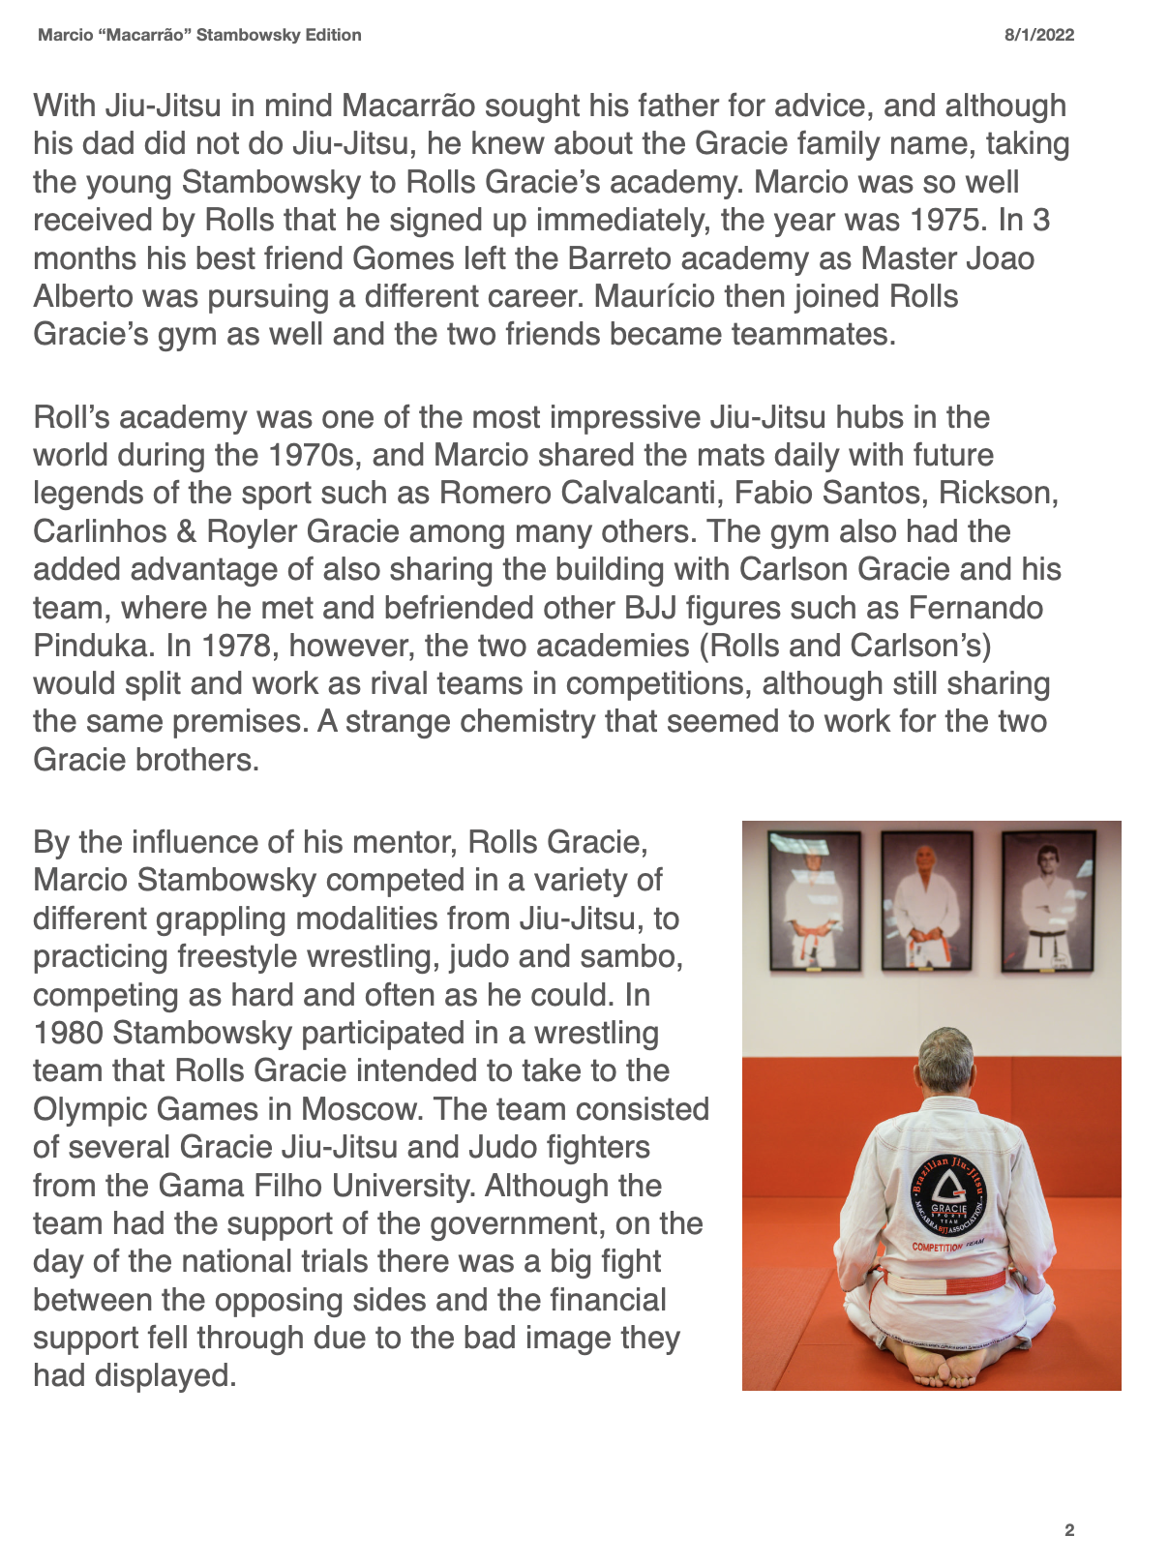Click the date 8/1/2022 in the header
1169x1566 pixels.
point(1038,36)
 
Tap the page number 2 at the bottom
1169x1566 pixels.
point(1068,1530)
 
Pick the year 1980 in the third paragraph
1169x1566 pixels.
point(68,1033)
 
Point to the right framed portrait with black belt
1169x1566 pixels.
point(1046,901)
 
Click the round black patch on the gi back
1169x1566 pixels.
point(948,1197)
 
